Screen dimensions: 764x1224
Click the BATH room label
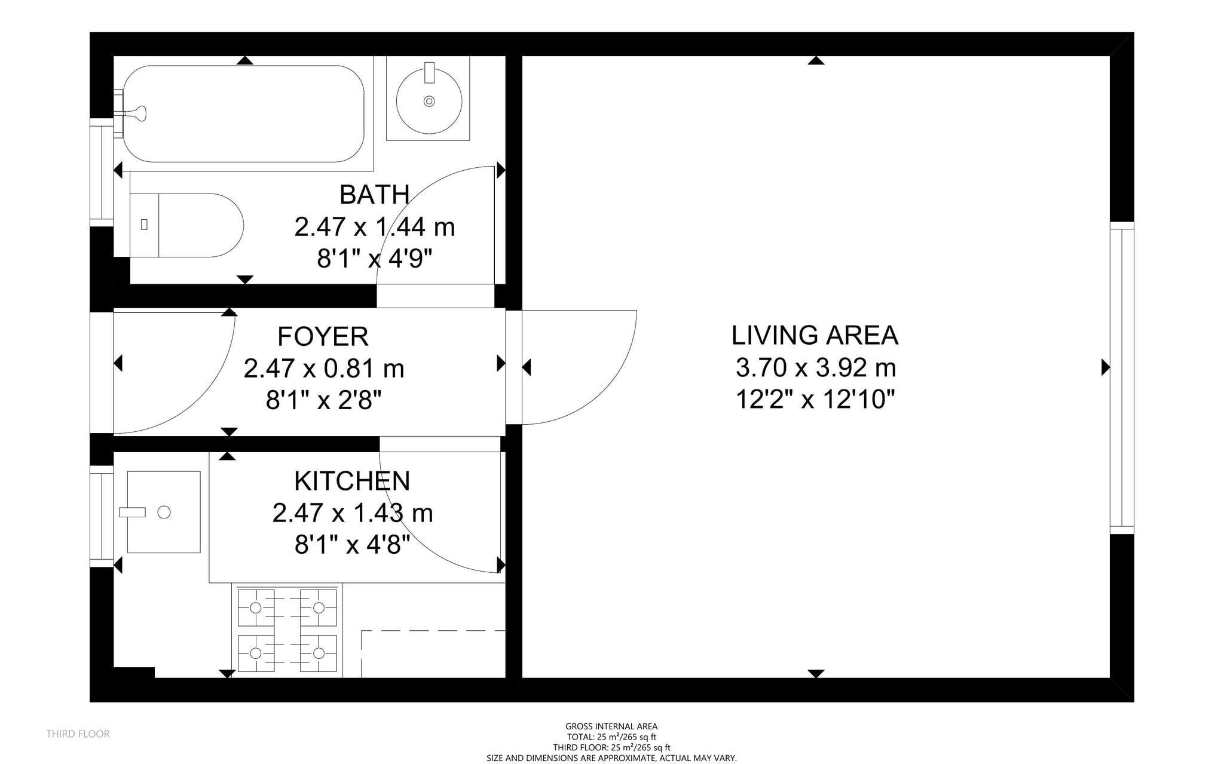click(374, 195)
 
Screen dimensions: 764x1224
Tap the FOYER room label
click(323, 336)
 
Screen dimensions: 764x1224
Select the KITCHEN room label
click(352, 481)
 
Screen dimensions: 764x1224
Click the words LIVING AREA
click(815, 335)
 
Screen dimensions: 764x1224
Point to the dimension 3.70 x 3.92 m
click(815, 367)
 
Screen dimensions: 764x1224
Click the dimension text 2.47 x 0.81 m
click(323, 369)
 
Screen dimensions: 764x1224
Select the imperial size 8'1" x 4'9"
click(374, 259)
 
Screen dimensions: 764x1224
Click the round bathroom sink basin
click(429, 101)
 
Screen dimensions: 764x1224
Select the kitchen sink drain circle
click(164, 512)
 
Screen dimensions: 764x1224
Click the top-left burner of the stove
click(256, 607)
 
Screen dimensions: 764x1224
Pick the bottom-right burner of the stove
click(319, 653)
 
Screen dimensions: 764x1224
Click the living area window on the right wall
click(1122, 378)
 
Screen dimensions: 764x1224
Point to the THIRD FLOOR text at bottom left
click(78, 734)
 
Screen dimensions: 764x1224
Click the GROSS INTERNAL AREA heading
click(611, 726)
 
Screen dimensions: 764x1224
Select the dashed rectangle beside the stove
click(433, 653)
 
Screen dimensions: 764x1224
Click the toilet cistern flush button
click(144, 225)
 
